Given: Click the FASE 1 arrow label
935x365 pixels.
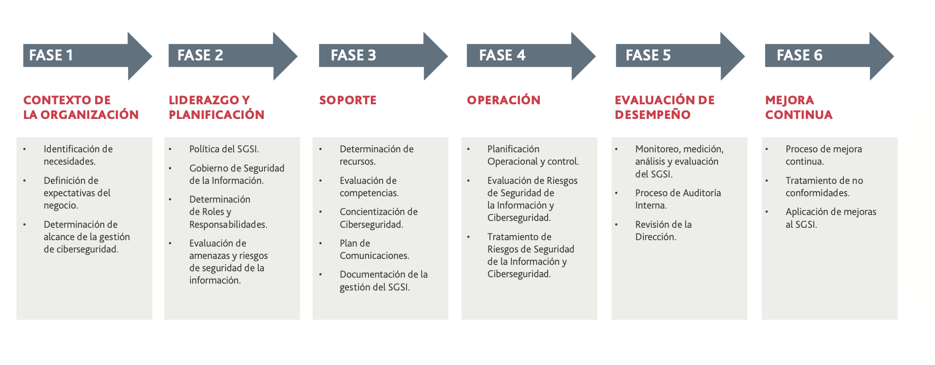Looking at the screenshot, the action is [x=51, y=55].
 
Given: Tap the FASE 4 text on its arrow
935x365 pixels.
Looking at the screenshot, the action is [x=502, y=55].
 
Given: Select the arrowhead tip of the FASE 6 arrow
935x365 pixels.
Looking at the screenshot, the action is [x=894, y=56].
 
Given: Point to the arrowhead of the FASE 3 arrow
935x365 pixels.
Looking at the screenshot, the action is [x=435, y=56].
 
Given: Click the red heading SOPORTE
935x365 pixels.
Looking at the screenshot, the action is [x=348, y=100].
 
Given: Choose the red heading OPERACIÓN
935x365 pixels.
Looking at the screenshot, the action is [x=504, y=100].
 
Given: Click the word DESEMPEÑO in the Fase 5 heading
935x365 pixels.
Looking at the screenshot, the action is [x=652, y=114].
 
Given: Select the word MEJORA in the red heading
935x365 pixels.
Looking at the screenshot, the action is [x=789, y=100].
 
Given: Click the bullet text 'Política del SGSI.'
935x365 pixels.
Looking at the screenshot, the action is [x=224, y=149].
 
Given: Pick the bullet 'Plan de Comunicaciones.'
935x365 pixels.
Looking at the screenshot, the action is [x=374, y=249].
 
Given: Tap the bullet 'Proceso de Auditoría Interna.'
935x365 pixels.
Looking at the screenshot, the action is [x=678, y=199].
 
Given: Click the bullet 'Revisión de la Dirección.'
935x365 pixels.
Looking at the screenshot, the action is [x=663, y=231].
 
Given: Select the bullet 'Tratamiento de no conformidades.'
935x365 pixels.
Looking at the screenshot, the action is [x=824, y=187].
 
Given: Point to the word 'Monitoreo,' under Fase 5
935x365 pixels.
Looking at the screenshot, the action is [x=658, y=150].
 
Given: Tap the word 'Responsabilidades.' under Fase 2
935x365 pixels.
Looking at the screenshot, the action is [x=228, y=225].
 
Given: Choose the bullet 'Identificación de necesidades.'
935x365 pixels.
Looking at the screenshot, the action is [x=78, y=155].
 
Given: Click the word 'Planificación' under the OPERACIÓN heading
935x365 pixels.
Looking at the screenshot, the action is [x=513, y=149].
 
